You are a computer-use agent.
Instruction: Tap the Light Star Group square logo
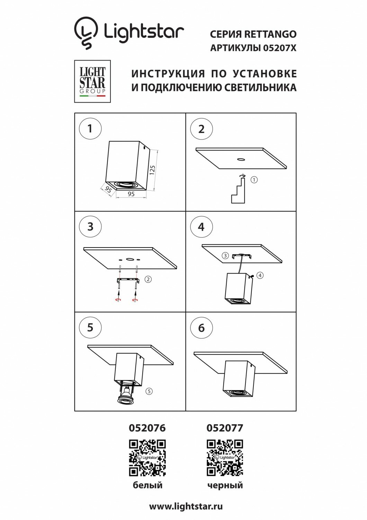[92, 81]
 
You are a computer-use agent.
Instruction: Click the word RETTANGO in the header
[270, 34]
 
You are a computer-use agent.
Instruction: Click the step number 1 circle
[90, 129]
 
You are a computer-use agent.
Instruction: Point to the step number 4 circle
[201, 227]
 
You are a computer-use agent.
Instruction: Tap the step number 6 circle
[201, 328]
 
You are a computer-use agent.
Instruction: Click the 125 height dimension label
[152, 170]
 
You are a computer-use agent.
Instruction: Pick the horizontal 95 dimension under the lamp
[131, 194]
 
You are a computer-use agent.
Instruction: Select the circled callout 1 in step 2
[254, 180]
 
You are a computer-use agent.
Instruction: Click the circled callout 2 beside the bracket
[148, 279]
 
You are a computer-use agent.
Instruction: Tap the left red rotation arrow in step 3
[118, 300]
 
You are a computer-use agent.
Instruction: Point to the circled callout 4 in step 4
[260, 275]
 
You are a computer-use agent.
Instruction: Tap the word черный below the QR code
[225, 485]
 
